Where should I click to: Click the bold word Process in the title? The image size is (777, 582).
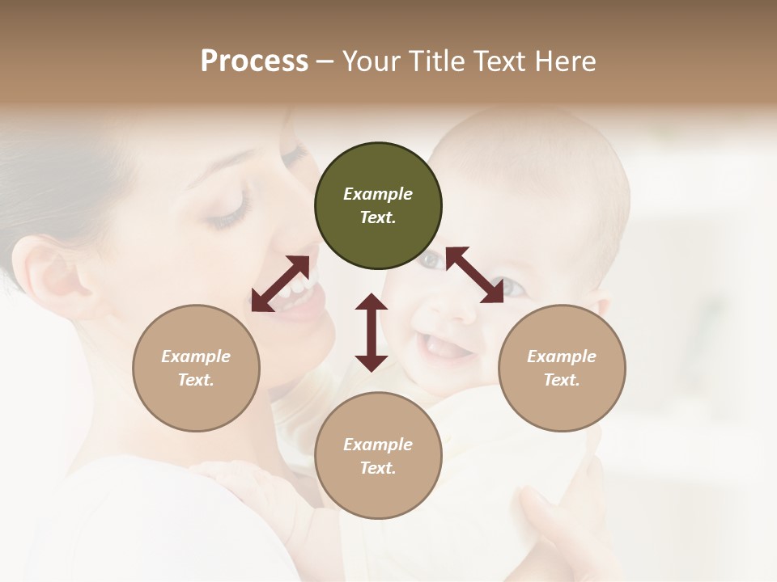pos(254,61)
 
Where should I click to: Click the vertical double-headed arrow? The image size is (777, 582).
pos(372,332)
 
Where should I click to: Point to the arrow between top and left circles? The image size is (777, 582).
pos(280,284)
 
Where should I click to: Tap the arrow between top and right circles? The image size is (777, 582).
pos(474,275)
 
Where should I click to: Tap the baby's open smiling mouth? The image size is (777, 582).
pos(444,348)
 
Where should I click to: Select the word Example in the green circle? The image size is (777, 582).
pos(378,194)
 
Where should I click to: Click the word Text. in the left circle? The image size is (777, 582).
pos(196,380)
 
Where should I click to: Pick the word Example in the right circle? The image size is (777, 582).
pos(562,356)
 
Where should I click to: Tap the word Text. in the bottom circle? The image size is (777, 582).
pos(378,468)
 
